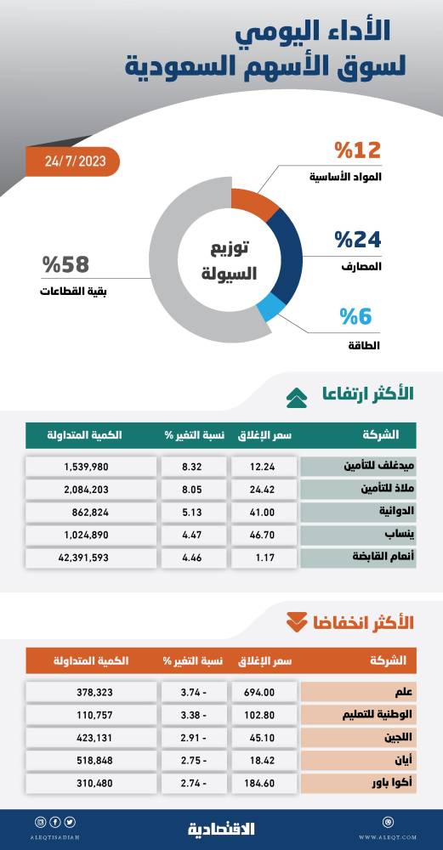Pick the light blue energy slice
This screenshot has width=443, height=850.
tap(271, 308)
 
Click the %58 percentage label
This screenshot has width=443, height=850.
tap(65, 265)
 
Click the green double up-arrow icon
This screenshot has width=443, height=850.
tap(297, 395)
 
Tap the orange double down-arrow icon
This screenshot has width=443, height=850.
tap(297, 621)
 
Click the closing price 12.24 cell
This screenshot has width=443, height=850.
tap(264, 467)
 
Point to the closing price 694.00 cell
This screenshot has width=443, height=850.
tap(264, 692)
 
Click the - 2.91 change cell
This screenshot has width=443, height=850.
tap(195, 738)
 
